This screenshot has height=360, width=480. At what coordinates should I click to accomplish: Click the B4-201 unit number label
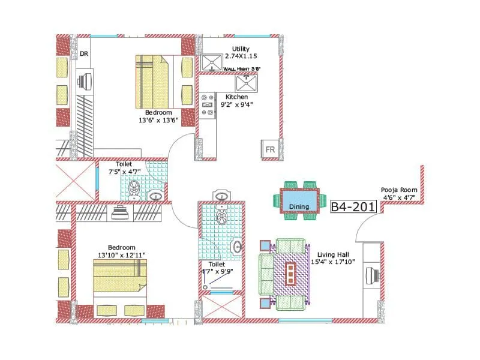click(353, 206)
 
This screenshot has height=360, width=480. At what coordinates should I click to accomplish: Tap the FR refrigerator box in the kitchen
click(270, 149)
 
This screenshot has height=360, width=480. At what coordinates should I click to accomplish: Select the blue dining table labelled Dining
click(299, 199)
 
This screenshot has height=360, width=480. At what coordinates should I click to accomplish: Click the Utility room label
click(241, 49)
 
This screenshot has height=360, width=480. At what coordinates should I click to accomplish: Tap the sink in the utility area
click(211, 62)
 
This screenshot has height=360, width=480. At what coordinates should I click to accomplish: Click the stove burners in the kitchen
click(208, 104)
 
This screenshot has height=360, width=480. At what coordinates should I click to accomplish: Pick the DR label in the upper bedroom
click(84, 54)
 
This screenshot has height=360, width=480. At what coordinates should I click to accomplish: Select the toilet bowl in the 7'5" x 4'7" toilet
click(134, 188)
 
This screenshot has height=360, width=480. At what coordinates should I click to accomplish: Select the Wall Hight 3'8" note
click(241, 69)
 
